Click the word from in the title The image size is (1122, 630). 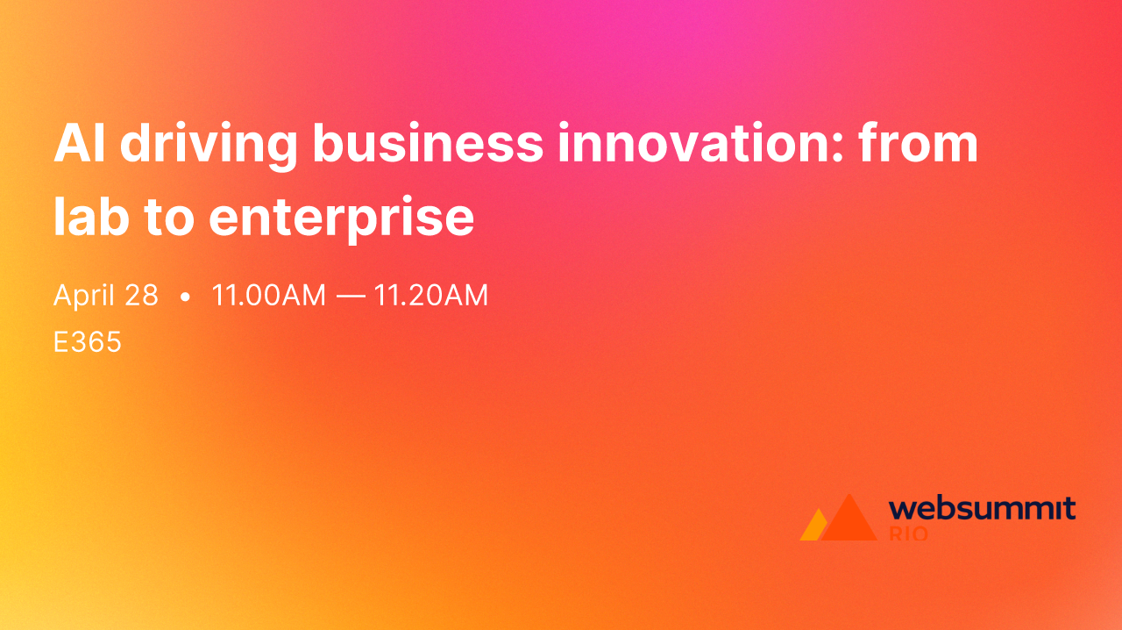pyautogui.click(x=918, y=145)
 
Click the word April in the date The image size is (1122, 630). pyautogui.click(x=84, y=297)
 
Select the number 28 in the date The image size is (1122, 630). pyautogui.click(x=141, y=296)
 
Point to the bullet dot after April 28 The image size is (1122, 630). pyautogui.click(x=185, y=297)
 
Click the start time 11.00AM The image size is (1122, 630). pyautogui.click(x=268, y=296)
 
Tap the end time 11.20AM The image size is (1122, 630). pyautogui.click(x=431, y=296)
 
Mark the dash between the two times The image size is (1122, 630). pyautogui.click(x=350, y=297)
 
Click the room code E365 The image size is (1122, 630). pyautogui.click(x=88, y=342)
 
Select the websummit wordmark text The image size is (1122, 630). pyautogui.click(x=982, y=509)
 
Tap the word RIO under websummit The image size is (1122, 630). pyautogui.click(x=908, y=533)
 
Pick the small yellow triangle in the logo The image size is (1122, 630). pyautogui.click(x=813, y=526)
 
